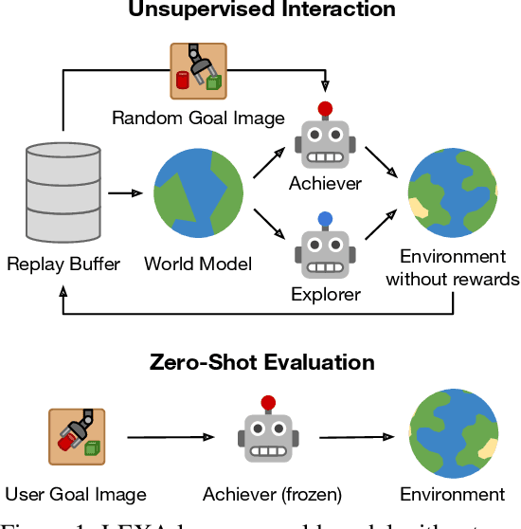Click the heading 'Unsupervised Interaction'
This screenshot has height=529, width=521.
pos(261,10)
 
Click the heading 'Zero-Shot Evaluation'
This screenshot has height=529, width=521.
pos(261,362)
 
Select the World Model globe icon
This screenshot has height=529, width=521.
pos(197,195)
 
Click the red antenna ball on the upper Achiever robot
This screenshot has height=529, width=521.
pos(325,108)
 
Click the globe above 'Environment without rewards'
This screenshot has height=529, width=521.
pos(452,193)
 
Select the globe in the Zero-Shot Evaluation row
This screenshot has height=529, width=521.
pos(452,436)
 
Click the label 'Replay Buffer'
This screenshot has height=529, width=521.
pos(63,264)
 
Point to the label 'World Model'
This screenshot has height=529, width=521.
pos(198,264)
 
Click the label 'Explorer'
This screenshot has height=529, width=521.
pos(325,295)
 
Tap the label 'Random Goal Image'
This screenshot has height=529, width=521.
pos(198,119)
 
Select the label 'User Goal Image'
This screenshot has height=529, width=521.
pos(76,495)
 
